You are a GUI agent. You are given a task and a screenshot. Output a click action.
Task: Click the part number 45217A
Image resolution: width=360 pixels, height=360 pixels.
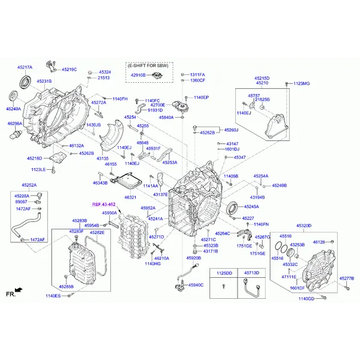[x=25, y=68]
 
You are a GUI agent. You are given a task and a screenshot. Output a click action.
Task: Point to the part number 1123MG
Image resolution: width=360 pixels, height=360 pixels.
[x=302, y=83]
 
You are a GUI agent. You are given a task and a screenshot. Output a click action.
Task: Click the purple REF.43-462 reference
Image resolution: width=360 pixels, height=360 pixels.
[x=103, y=205]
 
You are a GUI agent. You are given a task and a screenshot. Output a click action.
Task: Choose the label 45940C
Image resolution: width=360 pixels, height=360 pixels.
[x=196, y=285]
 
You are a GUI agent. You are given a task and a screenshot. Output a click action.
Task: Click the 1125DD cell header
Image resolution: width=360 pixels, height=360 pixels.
[x=224, y=273]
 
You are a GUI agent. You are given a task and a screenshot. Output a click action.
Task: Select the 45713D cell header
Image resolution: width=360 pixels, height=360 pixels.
[x=251, y=273]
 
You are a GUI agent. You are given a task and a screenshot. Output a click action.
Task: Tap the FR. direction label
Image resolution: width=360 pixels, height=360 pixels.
[x=10, y=294]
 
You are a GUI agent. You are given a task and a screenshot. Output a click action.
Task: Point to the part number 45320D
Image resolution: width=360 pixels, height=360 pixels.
[x=304, y=226]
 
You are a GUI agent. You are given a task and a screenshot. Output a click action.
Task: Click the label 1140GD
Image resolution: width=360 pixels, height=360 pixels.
[x=307, y=298]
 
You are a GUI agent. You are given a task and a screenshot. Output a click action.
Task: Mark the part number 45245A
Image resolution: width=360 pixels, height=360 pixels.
[x=251, y=206]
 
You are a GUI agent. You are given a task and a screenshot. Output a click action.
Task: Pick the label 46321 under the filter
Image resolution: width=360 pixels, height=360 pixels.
[x=130, y=197]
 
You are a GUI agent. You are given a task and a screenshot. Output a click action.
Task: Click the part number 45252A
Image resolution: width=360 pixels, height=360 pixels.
[x=29, y=185]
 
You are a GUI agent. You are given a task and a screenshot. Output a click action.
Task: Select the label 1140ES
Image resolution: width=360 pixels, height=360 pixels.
[x=53, y=296]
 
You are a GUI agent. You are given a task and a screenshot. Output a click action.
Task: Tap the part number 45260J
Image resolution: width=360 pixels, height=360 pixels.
[x=231, y=130]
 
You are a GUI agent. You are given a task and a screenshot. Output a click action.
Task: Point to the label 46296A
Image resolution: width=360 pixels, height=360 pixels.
[x=14, y=124]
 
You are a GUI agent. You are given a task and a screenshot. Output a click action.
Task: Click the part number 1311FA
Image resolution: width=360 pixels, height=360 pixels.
[x=197, y=74]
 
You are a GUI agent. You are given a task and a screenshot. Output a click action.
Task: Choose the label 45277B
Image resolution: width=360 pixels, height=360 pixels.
[x=347, y=278]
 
